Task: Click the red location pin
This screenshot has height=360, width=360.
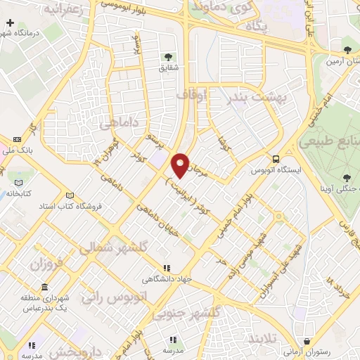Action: click(x=181, y=165)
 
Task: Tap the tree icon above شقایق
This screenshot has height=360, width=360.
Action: click(x=167, y=56)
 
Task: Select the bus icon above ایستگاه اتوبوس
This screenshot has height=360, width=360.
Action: click(x=277, y=160)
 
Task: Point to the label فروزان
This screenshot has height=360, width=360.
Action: click(x=46, y=265)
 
